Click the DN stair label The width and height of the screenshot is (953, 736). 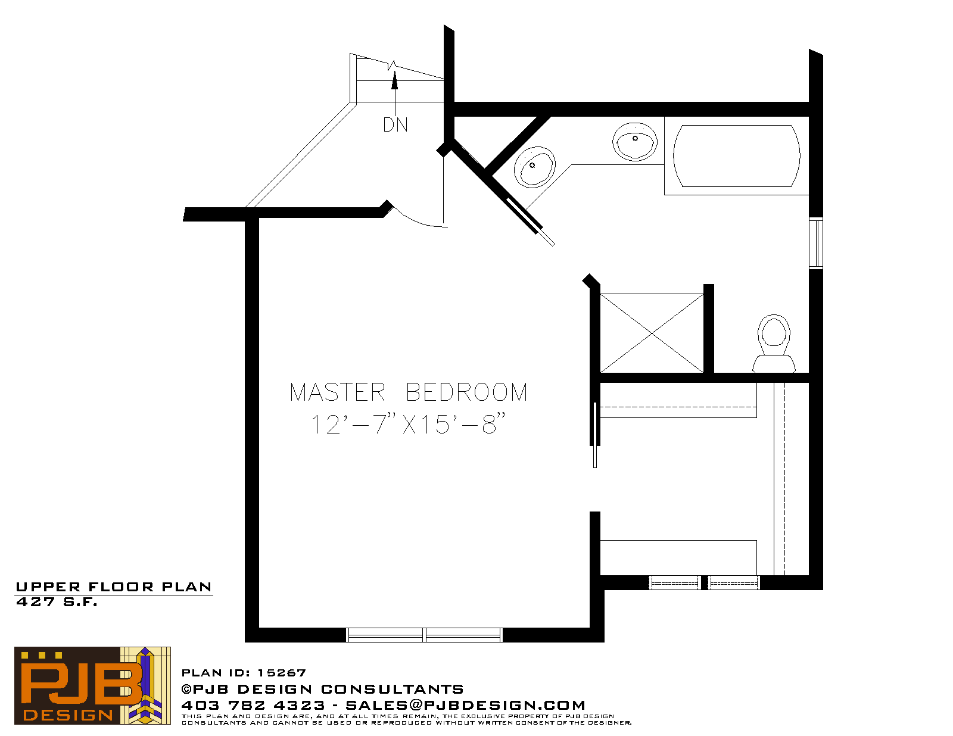(x=395, y=125)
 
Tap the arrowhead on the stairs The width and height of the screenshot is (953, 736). (x=395, y=80)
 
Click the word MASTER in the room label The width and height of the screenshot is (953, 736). (x=337, y=392)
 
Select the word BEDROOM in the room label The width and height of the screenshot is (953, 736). (x=466, y=392)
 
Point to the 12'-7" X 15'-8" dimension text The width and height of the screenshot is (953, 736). (x=408, y=424)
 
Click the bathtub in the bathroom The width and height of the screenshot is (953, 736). (x=736, y=156)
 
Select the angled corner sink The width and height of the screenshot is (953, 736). (x=534, y=167)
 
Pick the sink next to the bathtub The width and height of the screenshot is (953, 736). (x=634, y=142)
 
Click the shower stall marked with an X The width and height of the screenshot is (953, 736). (x=652, y=333)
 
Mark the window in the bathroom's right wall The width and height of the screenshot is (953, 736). (x=816, y=243)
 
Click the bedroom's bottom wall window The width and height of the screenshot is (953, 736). (x=424, y=635)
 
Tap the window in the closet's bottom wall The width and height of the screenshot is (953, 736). (x=704, y=582)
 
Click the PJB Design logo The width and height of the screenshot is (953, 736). (x=92, y=685)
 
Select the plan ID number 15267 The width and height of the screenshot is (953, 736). (x=282, y=672)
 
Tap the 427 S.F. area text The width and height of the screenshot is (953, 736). (x=57, y=602)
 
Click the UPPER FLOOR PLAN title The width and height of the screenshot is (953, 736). (x=114, y=587)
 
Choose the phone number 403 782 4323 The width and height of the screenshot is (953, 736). (x=253, y=705)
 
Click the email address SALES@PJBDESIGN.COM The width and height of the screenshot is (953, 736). (x=465, y=705)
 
